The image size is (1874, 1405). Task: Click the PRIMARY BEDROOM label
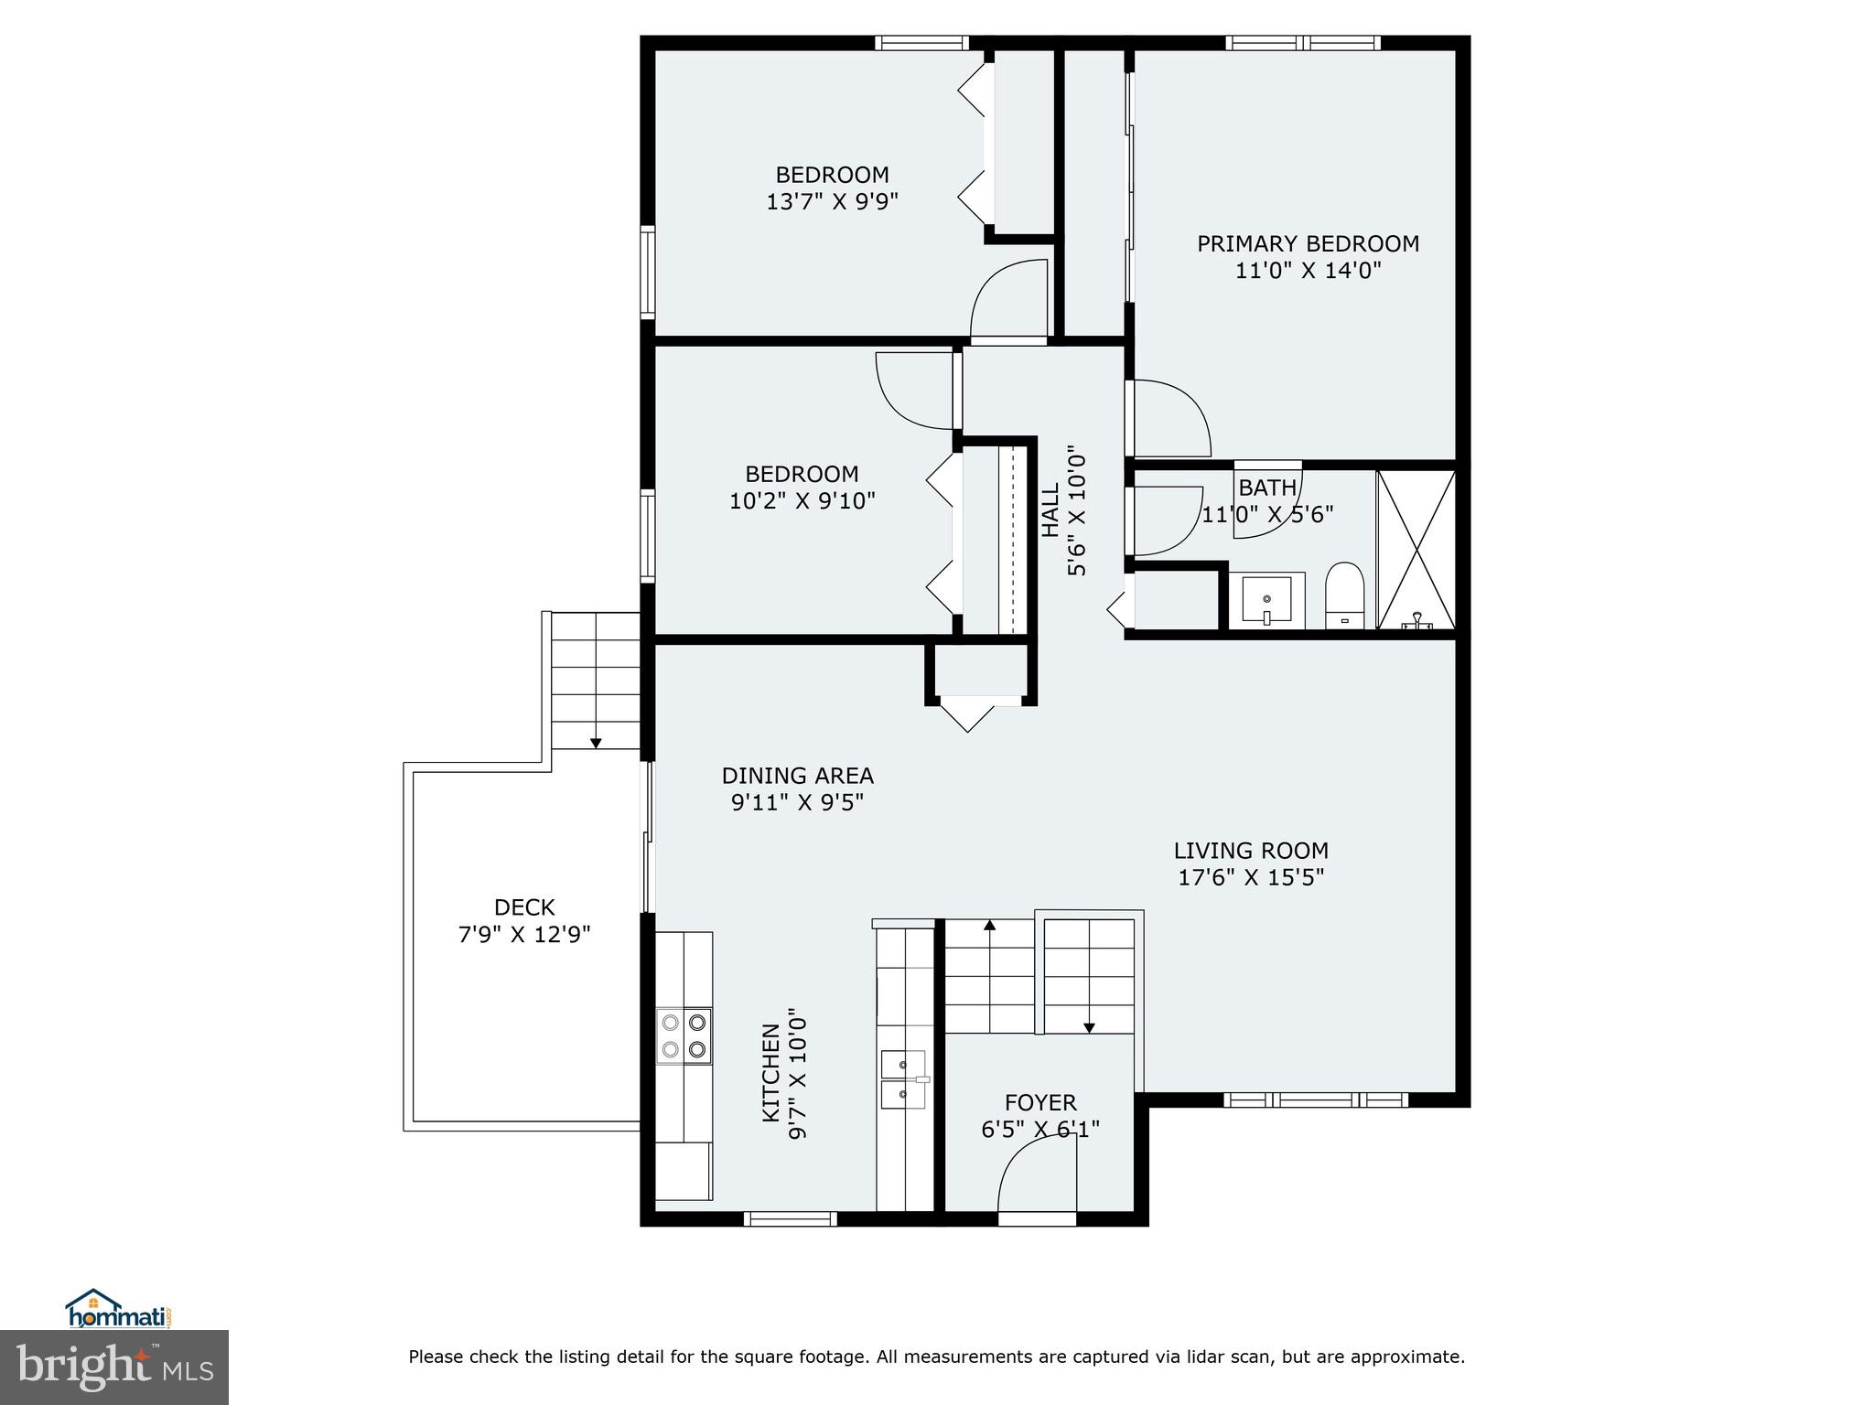[x=1308, y=243]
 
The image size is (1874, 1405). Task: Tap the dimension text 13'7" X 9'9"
[x=832, y=201]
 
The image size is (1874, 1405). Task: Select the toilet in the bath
[x=1344, y=595]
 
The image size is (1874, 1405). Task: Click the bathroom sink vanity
[x=1266, y=600]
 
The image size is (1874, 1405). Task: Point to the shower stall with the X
[x=1416, y=549]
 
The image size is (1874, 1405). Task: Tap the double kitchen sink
[x=903, y=1079]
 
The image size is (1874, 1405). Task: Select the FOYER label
[x=1040, y=1102]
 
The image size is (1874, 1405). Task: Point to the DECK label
[x=524, y=907]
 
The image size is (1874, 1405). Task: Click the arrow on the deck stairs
[x=596, y=742]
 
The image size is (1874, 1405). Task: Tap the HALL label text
[x=1050, y=510]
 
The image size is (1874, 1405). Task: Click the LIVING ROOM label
[x=1251, y=851]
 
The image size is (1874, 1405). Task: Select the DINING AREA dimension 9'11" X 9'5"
[x=797, y=803]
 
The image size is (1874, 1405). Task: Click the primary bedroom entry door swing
[x=1169, y=419]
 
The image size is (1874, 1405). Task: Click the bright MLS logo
[x=114, y=1367]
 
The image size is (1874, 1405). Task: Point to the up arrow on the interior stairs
[x=989, y=926]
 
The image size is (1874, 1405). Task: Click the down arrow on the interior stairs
[x=1089, y=1026]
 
